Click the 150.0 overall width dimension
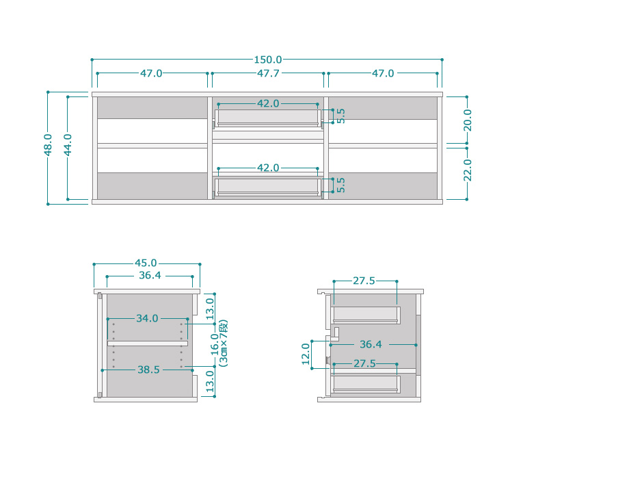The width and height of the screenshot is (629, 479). (x=267, y=60)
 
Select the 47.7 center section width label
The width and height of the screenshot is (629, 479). (x=268, y=73)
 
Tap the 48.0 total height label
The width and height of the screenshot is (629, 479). (x=48, y=144)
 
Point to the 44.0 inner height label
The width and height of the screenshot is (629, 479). (x=68, y=144)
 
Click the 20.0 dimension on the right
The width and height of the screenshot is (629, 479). (x=468, y=120)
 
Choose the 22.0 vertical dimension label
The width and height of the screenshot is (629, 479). (x=468, y=170)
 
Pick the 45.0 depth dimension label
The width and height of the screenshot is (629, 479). (x=146, y=263)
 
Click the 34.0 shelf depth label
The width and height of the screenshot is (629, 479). (x=147, y=318)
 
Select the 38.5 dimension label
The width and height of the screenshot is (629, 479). (x=148, y=370)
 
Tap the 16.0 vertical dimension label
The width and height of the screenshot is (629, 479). (x=215, y=344)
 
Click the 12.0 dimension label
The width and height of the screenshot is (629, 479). (x=306, y=354)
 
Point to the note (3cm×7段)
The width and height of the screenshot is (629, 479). (x=224, y=344)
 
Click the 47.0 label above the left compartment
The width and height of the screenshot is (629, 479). (x=151, y=73)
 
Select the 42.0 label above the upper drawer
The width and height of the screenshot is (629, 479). (x=268, y=103)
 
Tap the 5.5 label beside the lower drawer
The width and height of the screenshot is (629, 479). (x=340, y=185)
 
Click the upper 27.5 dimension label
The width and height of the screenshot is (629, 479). (x=364, y=281)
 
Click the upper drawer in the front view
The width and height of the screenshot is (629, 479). (x=267, y=118)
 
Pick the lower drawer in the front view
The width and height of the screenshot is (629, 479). (x=267, y=187)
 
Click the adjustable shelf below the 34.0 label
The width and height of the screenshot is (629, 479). (x=148, y=344)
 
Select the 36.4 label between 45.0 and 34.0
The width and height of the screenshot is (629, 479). (x=150, y=276)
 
